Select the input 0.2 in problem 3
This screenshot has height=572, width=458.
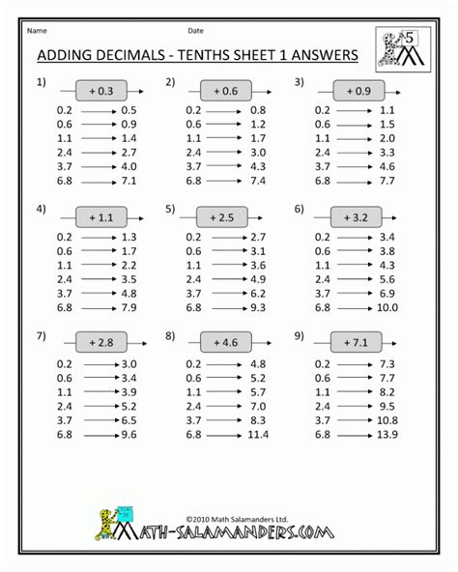coord(322,111)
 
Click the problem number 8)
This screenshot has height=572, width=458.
coord(171,337)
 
